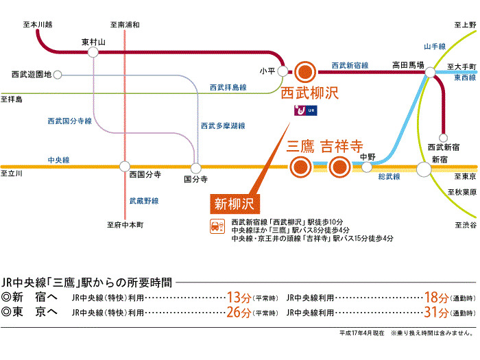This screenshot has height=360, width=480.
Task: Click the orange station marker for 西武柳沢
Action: point(305,71)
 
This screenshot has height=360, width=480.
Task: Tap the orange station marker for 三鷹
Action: point(299,167)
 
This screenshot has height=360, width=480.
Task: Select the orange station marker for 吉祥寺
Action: point(339,167)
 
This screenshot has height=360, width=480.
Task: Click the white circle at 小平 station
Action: point(285,71)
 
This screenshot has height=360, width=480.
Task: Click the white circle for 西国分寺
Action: point(125,166)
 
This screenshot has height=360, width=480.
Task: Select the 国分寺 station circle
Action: point(195,167)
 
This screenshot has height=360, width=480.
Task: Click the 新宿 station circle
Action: point(439,166)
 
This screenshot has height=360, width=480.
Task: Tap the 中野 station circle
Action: point(369,167)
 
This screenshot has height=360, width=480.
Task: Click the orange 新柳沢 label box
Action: point(234,203)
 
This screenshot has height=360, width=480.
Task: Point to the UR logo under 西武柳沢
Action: point(306,110)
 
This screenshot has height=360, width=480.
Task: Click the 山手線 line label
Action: point(435,46)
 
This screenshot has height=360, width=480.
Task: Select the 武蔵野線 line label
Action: point(144,201)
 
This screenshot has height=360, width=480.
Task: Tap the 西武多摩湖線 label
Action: point(223,126)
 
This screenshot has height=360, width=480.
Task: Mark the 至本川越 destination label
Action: point(38,25)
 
